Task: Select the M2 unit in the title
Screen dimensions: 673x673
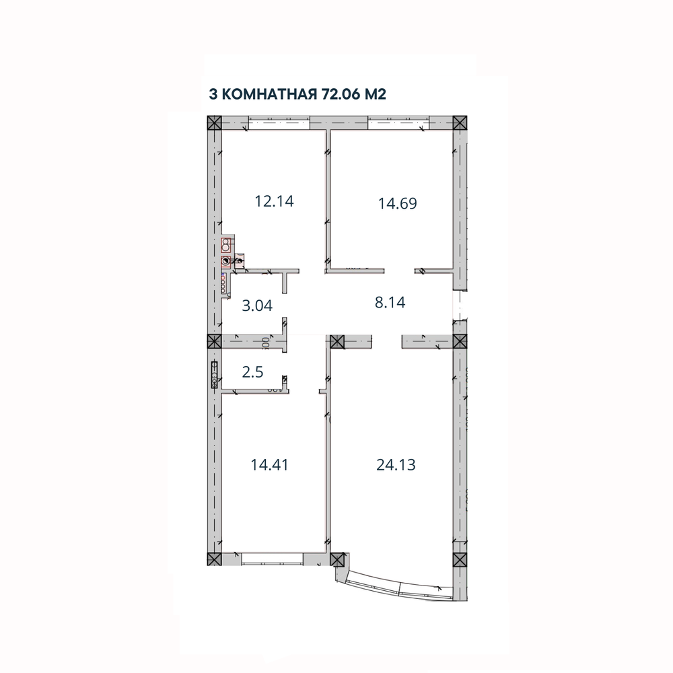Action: point(376,93)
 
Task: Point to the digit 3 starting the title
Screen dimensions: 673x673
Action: point(214,93)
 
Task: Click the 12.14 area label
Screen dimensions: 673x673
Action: point(275,201)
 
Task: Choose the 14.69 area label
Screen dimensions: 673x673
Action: point(398,203)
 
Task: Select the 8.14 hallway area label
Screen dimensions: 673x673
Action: point(390,302)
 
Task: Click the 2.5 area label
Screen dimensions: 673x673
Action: point(253,372)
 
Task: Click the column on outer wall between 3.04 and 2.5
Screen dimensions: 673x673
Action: point(213,341)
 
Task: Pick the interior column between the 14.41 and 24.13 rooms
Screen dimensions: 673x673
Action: point(336,341)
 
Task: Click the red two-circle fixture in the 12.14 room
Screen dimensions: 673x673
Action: point(227,244)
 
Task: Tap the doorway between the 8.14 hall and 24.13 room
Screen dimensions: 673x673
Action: point(388,341)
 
